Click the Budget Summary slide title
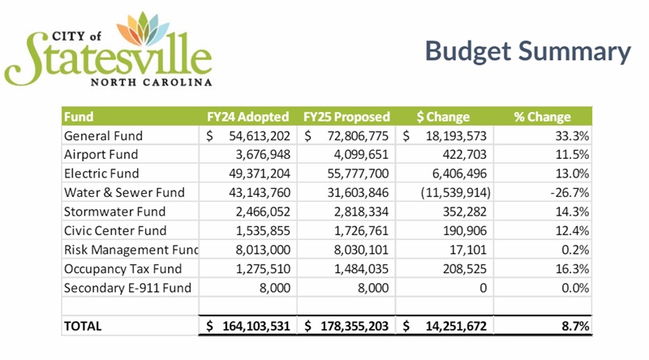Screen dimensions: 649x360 point(528,51)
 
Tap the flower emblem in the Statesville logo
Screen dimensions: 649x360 point(143,28)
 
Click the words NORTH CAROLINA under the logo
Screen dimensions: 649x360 point(151,82)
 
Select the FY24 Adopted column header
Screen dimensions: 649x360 point(248,117)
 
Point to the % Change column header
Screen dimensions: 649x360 point(542,117)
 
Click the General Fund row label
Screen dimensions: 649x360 point(103,135)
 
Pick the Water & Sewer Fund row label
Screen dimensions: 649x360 point(124,192)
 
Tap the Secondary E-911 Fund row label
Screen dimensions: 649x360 point(127,288)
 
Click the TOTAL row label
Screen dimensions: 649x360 point(83,326)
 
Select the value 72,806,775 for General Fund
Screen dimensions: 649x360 point(358,135)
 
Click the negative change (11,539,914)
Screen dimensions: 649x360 point(456,192)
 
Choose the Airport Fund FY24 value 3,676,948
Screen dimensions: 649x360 point(263,154)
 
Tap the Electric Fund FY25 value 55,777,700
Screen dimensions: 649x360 point(358,174)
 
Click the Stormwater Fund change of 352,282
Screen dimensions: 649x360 point(465,212)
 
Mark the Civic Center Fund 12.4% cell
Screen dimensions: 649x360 point(572,230)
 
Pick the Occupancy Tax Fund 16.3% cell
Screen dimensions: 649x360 point(572,268)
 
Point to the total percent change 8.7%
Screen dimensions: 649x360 point(575,326)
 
